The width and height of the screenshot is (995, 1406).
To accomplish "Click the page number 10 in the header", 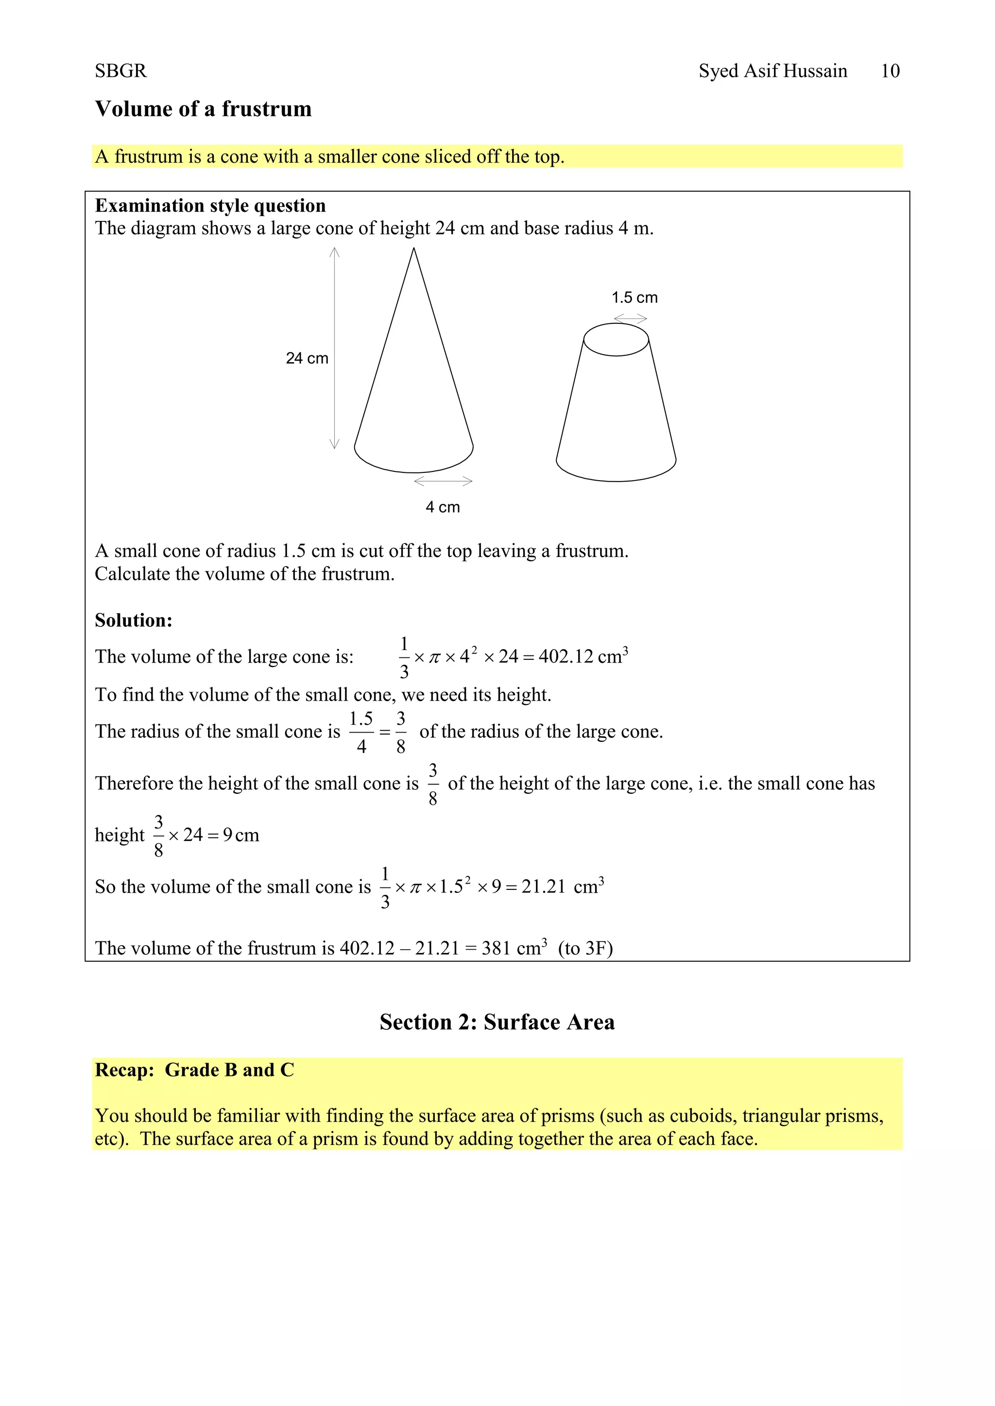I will [x=890, y=71].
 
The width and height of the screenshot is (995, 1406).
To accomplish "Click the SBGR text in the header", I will [x=120, y=71].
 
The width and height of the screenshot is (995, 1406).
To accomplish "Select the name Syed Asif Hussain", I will [x=772, y=71].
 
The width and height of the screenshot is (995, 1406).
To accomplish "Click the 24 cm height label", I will [x=307, y=358].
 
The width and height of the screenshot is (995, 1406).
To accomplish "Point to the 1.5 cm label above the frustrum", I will [x=634, y=298].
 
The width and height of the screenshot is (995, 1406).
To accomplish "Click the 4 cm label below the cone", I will [x=443, y=507].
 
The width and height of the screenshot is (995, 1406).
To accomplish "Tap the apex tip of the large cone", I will [x=414, y=249].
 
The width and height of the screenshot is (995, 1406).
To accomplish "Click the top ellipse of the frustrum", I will [x=616, y=339].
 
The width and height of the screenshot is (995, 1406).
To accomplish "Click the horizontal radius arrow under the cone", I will [x=443, y=481].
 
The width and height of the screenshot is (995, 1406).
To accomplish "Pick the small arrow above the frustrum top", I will [x=631, y=318].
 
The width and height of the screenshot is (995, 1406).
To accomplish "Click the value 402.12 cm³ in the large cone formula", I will [x=583, y=656].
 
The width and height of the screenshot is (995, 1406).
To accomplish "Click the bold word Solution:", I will [x=134, y=620].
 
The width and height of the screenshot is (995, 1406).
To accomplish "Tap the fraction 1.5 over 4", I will [x=361, y=732].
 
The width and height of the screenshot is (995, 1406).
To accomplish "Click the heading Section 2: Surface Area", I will [x=497, y=1022].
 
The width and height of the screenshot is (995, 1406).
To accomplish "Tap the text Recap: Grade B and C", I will [x=194, y=1070].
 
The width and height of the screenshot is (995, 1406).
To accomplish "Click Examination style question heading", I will [x=210, y=206].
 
